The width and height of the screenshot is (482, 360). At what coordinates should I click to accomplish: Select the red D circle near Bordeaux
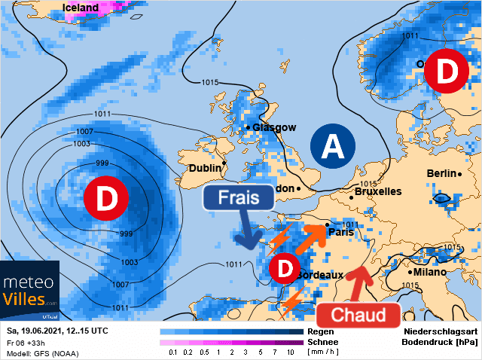tap(285, 268)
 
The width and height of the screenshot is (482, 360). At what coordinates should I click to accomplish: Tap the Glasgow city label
tap(274, 127)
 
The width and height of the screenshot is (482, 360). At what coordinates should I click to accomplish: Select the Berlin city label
tap(441, 174)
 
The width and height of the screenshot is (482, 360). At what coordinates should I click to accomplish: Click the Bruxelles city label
tap(377, 192)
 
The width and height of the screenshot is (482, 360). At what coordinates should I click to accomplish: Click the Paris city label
tap(341, 233)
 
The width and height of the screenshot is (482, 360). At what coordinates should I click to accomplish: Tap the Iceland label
tap(81, 8)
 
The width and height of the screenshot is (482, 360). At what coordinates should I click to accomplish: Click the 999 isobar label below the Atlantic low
tap(127, 234)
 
